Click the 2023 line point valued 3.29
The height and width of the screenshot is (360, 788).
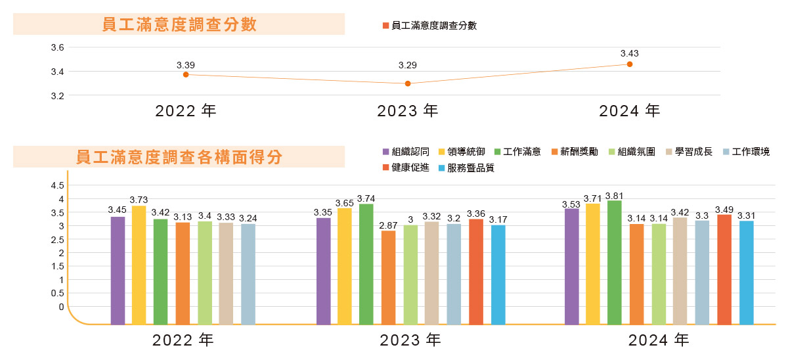tap(408, 83)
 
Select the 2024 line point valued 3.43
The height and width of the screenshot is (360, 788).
tap(630, 64)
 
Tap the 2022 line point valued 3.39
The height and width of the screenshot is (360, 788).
tap(186, 74)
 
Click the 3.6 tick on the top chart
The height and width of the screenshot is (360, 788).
tap(57, 47)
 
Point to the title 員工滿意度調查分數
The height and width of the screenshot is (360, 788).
tap(179, 25)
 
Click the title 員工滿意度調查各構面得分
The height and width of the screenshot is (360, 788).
tap(179, 158)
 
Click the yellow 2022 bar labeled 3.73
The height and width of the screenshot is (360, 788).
tap(139, 265)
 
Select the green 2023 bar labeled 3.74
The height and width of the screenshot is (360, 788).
tap(366, 264)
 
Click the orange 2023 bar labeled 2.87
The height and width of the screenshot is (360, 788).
tap(389, 277)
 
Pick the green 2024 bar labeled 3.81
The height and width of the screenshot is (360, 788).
tap(615, 262)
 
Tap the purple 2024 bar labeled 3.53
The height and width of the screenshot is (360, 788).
tap(572, 266)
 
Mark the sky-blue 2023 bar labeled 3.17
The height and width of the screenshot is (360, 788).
tap(498, 275)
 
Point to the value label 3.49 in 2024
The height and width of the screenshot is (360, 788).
tap(724, 209)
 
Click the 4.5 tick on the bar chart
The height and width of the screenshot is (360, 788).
tap(57, 185)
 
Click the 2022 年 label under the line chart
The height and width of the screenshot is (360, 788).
tap(186, 111)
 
